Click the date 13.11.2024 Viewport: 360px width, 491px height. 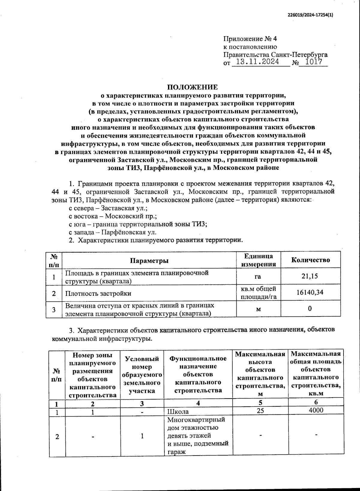tap(258, 62)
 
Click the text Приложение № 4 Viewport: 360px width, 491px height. tap(250, 39)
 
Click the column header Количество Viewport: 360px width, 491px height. tap(310, 260)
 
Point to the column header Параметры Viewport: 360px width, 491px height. tap(149, 261)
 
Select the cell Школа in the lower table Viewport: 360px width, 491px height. tap(178, 411)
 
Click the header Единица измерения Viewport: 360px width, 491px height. tap(259, 260)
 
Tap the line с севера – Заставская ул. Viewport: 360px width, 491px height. tap(108, 208)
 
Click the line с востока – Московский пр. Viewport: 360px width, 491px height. tap(113, 216)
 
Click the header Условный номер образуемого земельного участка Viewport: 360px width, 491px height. tap(142, 374)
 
